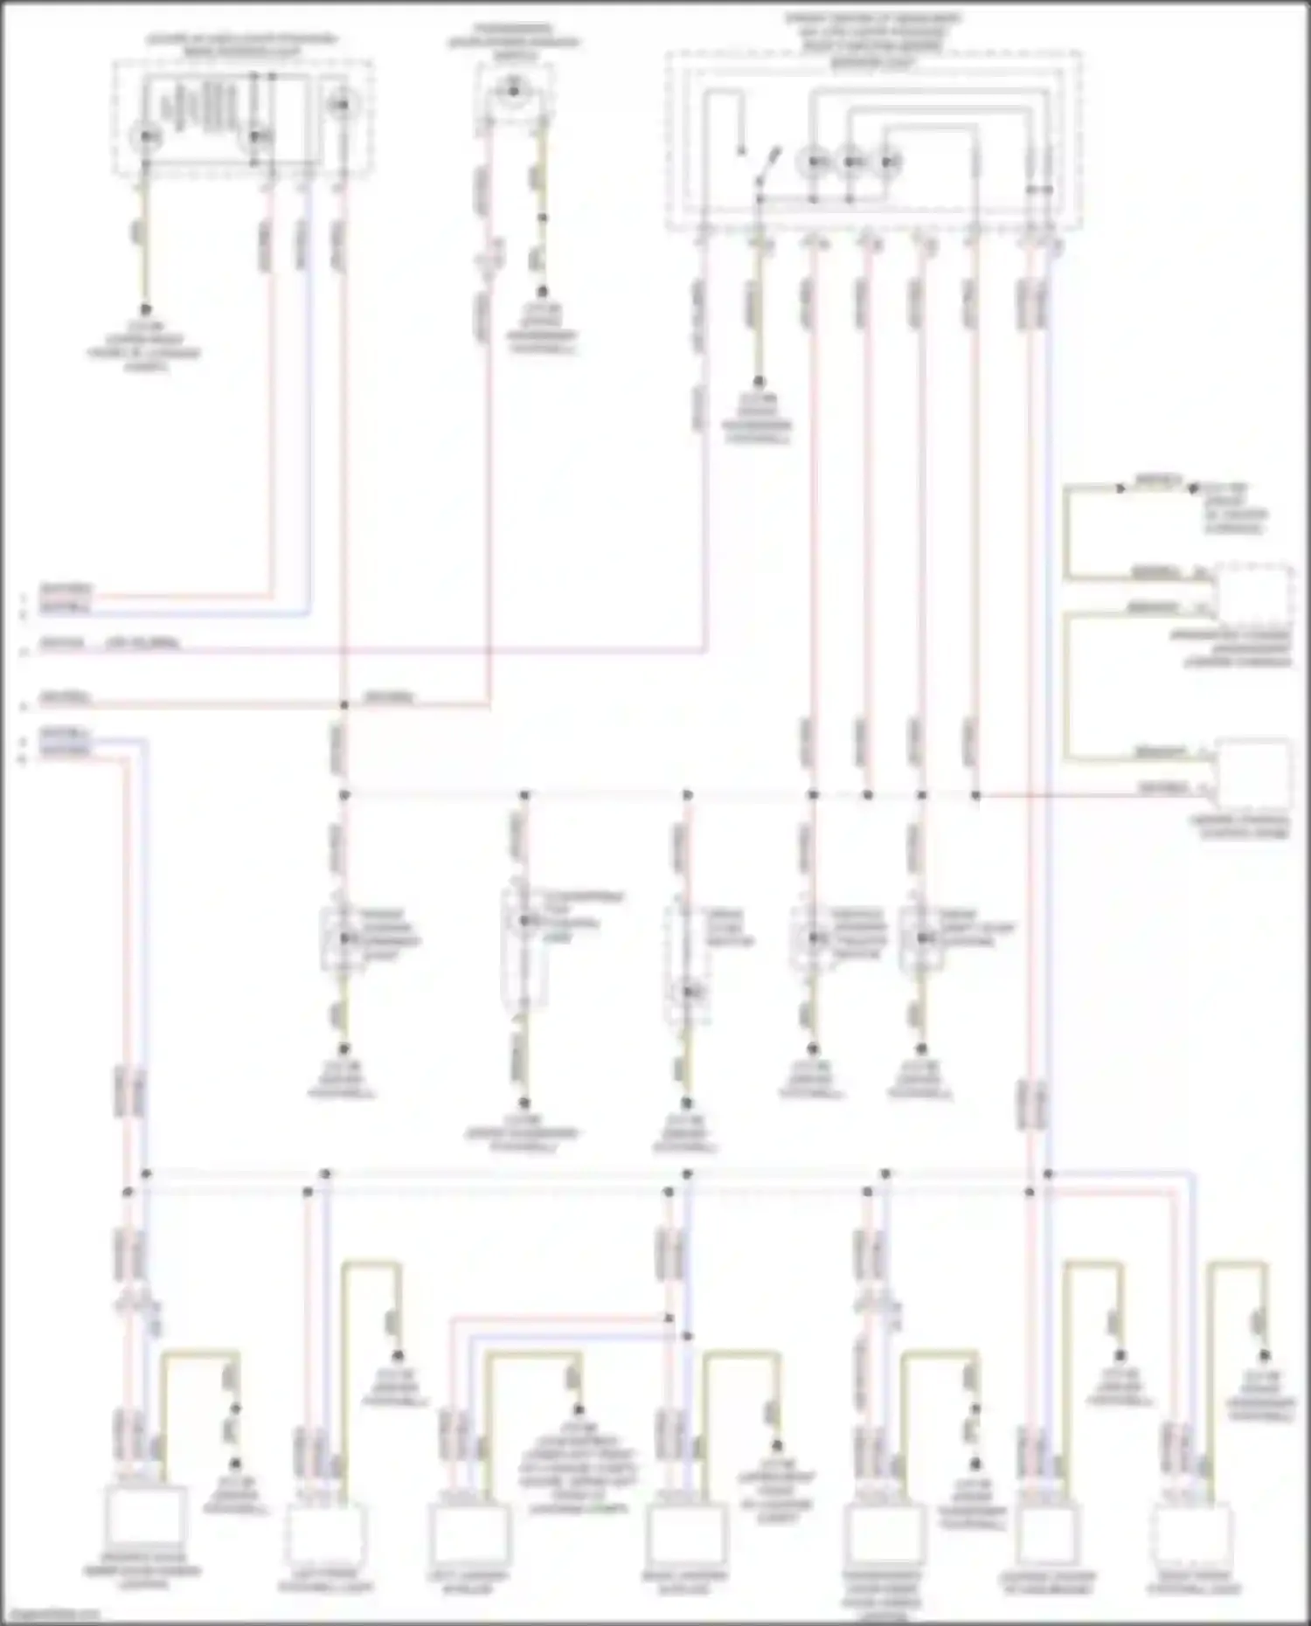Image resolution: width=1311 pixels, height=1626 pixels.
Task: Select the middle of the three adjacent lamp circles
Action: tap(852, 163)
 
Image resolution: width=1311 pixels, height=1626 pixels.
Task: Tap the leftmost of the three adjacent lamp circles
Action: tap(815, 163)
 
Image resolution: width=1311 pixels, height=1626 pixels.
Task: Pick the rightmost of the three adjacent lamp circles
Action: tap(889, 163)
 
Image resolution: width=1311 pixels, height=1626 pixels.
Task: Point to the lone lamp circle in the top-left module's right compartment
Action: tap(342, 105)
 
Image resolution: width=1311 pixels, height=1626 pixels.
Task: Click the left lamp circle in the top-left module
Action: tap(147, 137)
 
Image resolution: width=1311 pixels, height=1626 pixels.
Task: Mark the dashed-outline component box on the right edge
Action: tap(1253, 593)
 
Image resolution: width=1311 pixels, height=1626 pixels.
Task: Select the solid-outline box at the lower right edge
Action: tap(1253, 774)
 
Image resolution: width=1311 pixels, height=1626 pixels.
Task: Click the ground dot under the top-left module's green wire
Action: tap(146, 310)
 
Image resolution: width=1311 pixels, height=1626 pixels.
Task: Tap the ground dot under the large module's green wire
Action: tap(759, 382)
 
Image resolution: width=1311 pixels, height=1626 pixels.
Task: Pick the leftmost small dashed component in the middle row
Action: tap(343, 938)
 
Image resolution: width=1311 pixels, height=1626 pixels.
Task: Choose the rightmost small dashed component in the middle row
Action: tap(921, 938)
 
